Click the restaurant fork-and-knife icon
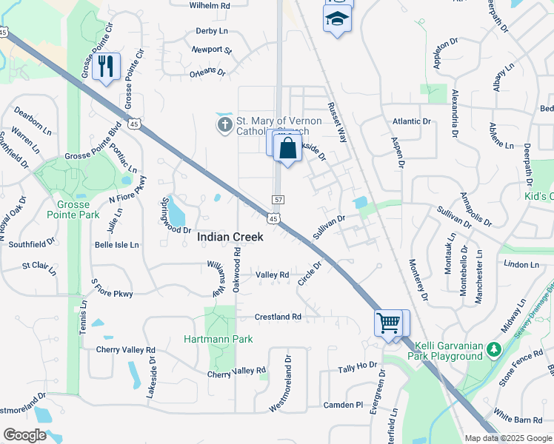coord(108,67)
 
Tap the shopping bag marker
coord(287,148)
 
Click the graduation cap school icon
coord(337,18)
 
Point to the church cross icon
coord(224,125)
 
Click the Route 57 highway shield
coord(278,200)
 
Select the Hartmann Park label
coord(218,339)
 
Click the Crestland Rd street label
coord(278,317)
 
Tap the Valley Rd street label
coord(272,275)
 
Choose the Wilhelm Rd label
coord(210,5)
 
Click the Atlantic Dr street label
coord(412,121)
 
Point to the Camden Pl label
coord(344,406)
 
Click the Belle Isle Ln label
coord(116,244)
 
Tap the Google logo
coord(24,434)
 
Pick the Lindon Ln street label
coord(521,264)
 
